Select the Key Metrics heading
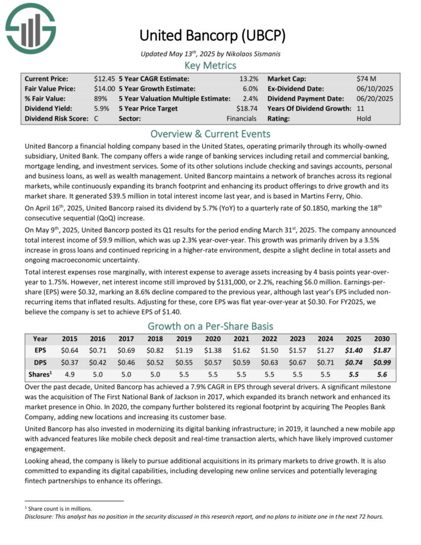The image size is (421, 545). coord(210,65)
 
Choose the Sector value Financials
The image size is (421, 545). coord(241,119)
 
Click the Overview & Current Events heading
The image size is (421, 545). coord(210,133)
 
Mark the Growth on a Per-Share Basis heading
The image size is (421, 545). coord(210,326)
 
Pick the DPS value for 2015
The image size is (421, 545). coord(69,361)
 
